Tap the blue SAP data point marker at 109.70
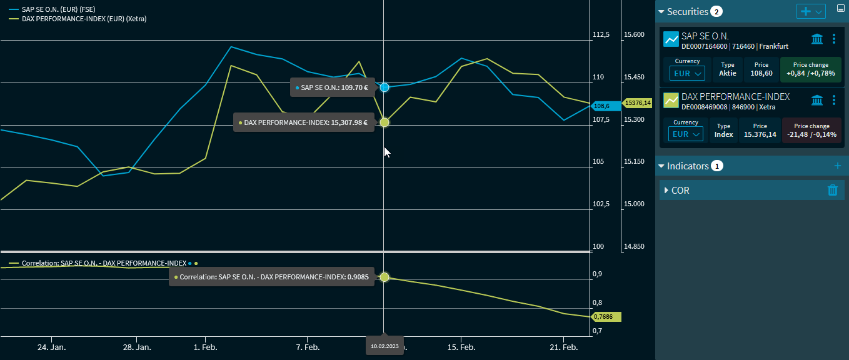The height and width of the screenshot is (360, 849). [384, 87]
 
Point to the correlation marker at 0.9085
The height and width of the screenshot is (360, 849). [384, 277]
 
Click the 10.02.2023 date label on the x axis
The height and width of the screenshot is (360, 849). [384, 346]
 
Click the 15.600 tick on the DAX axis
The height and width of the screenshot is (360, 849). [634, 34]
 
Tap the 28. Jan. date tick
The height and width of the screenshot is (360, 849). [137, 347]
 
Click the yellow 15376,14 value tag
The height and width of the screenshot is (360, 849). [638, 103]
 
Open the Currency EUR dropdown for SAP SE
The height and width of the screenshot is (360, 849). [686, 73]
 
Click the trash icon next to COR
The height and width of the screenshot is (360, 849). [832, 190]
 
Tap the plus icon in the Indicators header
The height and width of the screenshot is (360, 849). [838, 166]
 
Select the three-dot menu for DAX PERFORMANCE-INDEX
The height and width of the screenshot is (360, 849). [834, 100]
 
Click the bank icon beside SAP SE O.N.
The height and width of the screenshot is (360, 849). [816, 39]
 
